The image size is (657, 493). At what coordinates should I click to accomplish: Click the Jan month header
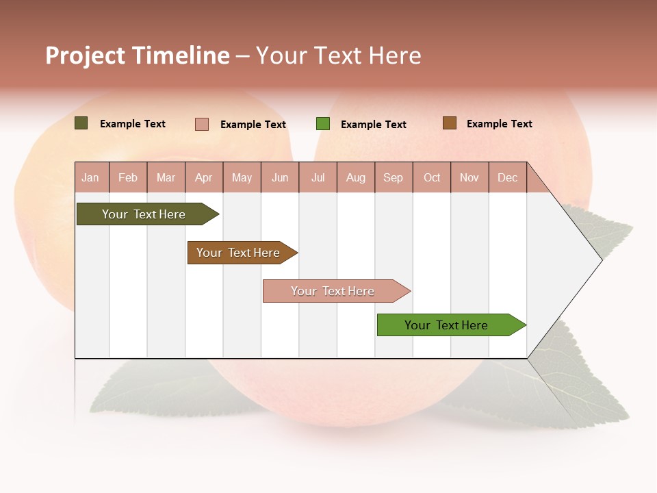pos(90,177)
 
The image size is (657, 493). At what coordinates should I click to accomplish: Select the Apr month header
pos(203,177)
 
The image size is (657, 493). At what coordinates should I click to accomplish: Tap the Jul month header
pos(318,177)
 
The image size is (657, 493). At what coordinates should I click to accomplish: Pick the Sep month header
pos(393,177)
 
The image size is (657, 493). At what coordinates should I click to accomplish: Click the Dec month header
pos(507,177)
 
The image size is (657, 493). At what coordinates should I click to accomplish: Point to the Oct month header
pos(432,177)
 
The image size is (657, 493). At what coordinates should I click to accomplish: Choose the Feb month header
pos(128,177)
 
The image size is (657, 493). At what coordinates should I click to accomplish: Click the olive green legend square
pos(81,123)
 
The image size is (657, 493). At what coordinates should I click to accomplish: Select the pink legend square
pos(202,124)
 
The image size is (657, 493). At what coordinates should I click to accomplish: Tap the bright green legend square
pos(323,124)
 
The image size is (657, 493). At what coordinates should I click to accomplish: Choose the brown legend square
pos(449,123)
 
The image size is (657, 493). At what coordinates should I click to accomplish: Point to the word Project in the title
pos(85,55)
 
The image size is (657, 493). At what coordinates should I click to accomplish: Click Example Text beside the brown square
pos(499,124)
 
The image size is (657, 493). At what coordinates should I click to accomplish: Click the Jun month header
pos(280,177)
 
